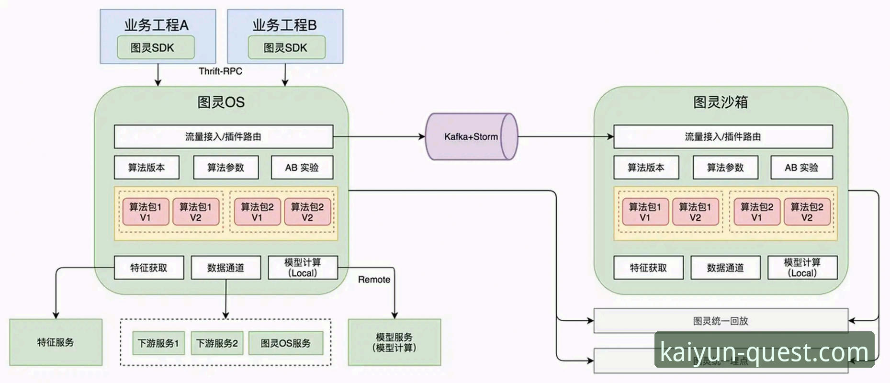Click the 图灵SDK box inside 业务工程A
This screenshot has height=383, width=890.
click(x=156, y=47)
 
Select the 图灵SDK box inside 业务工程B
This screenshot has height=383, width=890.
click(x=286, y=47)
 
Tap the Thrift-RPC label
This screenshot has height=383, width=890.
click(x=220, y=71)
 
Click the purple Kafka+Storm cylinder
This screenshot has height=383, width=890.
click(x=471, y=137)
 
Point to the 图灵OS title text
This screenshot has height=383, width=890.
click(x=221, y=102)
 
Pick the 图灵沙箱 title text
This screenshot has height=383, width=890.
click(x=720, y=102)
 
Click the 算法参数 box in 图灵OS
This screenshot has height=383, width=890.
click(x=225, y=168)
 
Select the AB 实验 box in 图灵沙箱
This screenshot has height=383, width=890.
click(x=801, y=168)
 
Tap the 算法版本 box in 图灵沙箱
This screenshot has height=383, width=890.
click(x=646, y=168)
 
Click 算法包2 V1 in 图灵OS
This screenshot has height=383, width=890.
click(x=257, y=212)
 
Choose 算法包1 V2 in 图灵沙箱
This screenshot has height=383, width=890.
click(x=695, y=212)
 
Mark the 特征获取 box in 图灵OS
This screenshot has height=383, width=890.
click(x=149, y=268)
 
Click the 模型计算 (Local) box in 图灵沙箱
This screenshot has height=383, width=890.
click(x=802, y=268)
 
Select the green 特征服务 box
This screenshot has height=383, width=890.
click(x=56, y=342)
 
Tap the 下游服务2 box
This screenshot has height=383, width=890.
click(x=217, y=343)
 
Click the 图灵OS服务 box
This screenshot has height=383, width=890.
click(x=285, y=343)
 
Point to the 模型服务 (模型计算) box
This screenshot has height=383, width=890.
click(x=394, y=342)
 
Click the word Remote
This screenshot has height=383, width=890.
click(x=374, y=280)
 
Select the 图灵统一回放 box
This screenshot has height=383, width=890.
click(x=721, y=321)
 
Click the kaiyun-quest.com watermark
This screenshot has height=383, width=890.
click(x=764, y=352)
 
